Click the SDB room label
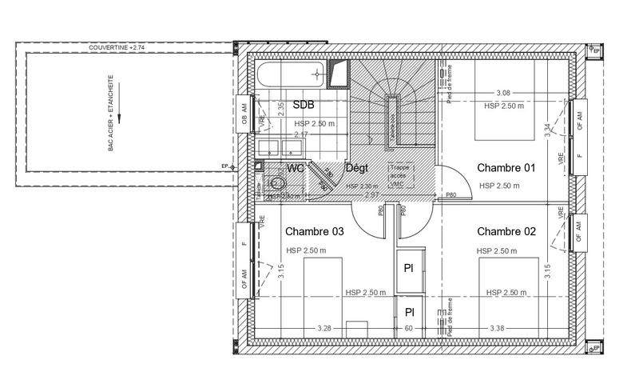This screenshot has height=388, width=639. [x=304, y=105]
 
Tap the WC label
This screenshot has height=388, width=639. [x=296, y=169]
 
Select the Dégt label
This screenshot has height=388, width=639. [x=355, y=168]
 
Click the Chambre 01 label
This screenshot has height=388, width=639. [x=506, y=168]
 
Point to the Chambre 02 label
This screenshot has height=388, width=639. [x=506, y=232]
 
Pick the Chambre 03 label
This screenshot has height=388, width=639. [x=315, y=232]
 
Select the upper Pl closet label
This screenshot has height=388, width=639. [x=408, y=267]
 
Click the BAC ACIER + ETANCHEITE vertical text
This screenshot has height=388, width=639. [x=110, y=113]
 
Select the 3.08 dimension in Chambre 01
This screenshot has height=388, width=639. [x=503, y=94]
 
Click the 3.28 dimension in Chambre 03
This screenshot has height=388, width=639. [x=323, y=328]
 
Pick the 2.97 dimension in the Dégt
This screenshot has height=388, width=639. [x=371, y=194]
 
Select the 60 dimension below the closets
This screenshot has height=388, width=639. [x=408, y=328]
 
